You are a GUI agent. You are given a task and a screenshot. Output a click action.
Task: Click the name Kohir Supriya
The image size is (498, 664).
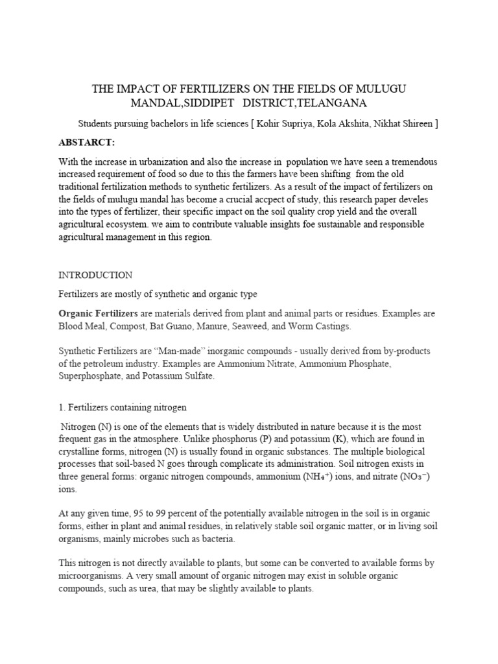[x=285, y=123]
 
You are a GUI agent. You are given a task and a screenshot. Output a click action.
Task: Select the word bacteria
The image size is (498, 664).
[x=218, y=539]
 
